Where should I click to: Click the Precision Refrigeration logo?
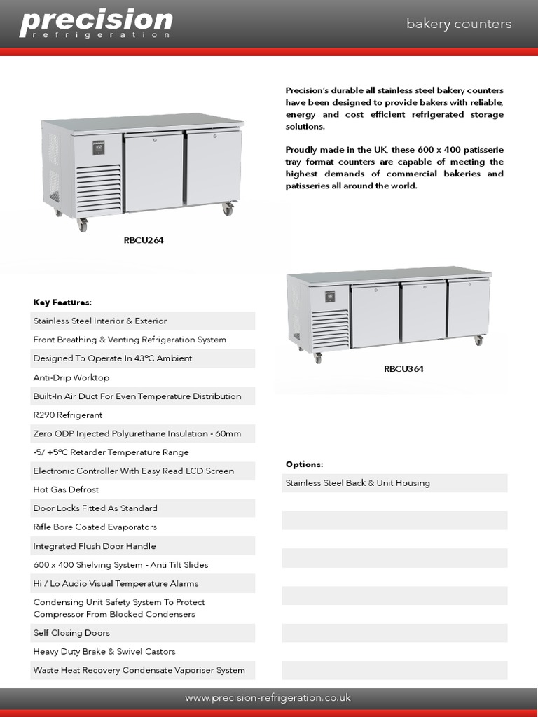point(96,24)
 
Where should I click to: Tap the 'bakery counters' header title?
point(459,24)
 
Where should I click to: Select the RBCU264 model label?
point(144,240)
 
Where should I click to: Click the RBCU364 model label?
point(403,369)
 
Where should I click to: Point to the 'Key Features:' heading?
point(62,302)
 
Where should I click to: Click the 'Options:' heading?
point(304,464)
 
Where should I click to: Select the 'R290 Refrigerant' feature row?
point(68,415)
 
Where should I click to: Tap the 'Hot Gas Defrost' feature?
point(66,489)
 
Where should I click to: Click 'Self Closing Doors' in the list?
point(71,633)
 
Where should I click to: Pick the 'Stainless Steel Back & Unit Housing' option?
point(357,483)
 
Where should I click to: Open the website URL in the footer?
point(268,698)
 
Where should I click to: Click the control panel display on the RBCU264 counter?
point(99,148)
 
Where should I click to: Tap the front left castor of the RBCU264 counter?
point(83,225)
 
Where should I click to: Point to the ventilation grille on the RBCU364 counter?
point(330,329)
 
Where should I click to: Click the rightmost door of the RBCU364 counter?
point(468,309)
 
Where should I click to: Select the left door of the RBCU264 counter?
point(153,172)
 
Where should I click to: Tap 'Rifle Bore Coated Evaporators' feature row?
point(95,527)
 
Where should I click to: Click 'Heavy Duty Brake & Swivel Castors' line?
point(104,651)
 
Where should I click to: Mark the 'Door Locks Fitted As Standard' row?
point(95,508)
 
